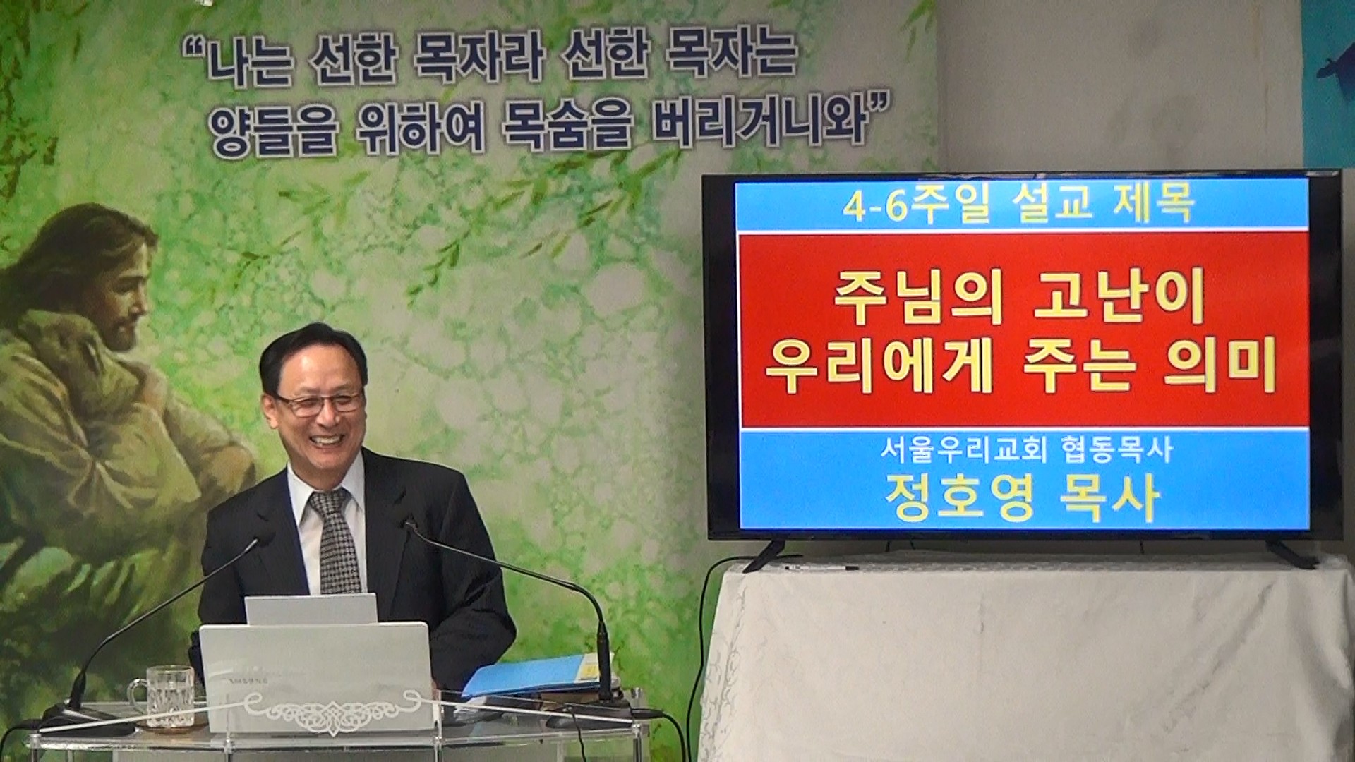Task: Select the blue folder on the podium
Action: pyautogui.click(x=529, y=674)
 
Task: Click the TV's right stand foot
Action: pyautogui.click(x=1291, y=553)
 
